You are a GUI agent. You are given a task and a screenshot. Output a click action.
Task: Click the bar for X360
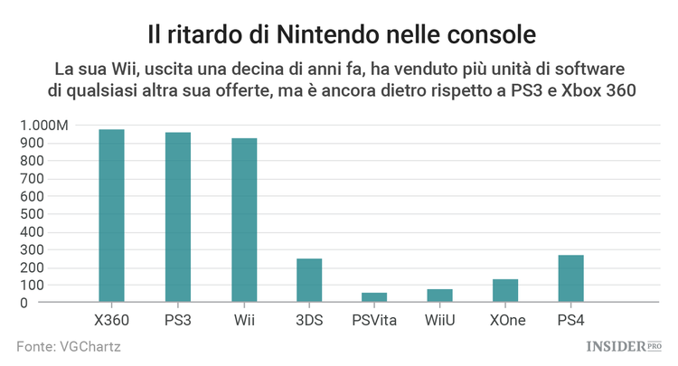tap(111, 216)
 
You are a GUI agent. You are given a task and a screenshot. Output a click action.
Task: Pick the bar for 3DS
tap(309, 280)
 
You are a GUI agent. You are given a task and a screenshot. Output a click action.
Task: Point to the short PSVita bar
tap(374, 297)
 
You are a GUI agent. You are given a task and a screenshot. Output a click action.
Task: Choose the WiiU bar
tap(440, 296)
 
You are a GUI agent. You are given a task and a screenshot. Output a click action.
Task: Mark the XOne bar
tap(505, 291)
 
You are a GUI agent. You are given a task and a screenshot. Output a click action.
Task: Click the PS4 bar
tap(570, 278)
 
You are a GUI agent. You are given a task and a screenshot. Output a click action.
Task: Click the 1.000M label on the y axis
tap(43, 126)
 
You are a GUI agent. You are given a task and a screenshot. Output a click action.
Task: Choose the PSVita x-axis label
tap(374, 320)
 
